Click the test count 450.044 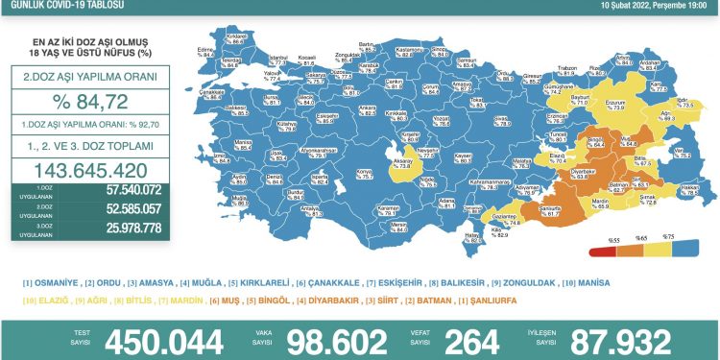pos(155,340)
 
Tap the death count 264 pos(467,340)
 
